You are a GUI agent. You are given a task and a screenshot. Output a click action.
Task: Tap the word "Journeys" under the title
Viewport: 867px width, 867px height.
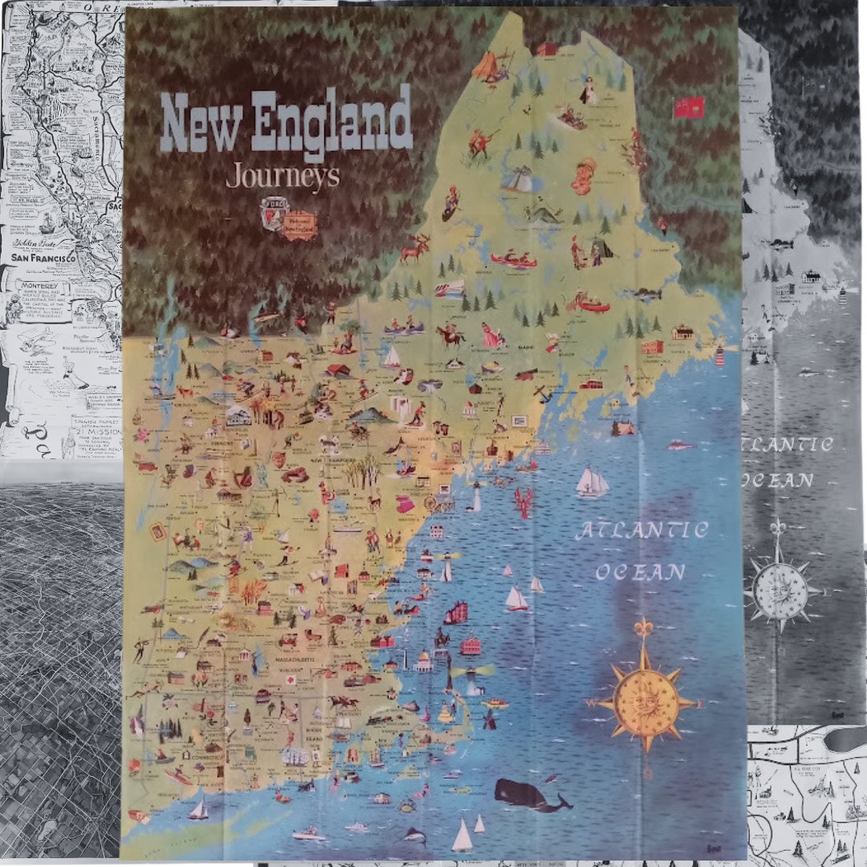click(x=283, y=175)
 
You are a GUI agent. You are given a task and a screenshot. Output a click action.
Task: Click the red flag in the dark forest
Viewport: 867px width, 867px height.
click(x=688, y=107)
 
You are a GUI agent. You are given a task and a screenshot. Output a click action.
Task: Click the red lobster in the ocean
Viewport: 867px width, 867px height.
click(x=523, y=502)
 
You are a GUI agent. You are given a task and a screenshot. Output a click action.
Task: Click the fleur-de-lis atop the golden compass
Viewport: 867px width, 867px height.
click(x=643, y=626)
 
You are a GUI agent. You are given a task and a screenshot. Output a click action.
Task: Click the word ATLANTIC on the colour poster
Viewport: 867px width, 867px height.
click(x=641, y=531)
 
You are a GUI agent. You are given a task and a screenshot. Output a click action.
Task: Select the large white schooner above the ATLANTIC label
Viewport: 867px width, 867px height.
click(x=592, y=482)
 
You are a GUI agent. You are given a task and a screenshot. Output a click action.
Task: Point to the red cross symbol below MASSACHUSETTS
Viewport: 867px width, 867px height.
click(x=292, y=679)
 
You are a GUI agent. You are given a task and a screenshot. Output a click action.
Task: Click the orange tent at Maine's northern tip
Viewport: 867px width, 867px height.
click(x=486, y=65)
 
